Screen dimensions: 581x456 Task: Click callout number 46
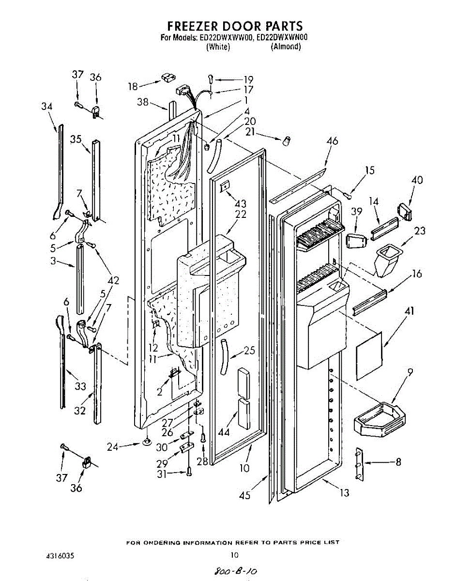332,141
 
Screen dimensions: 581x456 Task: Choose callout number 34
47,106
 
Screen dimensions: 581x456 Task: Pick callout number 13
344,493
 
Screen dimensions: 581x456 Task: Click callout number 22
241,214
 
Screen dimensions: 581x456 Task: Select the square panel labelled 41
369,356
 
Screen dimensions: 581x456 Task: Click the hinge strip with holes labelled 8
359,464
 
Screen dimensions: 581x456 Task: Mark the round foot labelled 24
146,442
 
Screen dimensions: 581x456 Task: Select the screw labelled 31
189,472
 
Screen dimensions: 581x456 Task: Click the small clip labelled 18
168,78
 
